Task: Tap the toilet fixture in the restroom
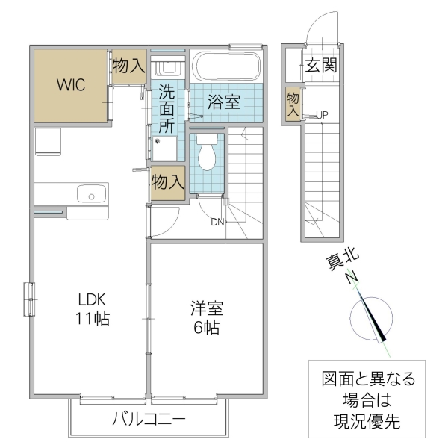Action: point(208,155)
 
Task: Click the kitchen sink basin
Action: point(92,195)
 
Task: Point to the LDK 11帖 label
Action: point(94,309)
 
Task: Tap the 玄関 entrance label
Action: point(320,66)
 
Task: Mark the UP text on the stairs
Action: point(322,115)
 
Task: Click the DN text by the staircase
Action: point(217,222)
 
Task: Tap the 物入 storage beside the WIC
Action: point(129,66)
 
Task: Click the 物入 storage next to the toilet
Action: point(167,181)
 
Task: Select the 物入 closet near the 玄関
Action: point(293,102)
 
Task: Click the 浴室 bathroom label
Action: point(223,103)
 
